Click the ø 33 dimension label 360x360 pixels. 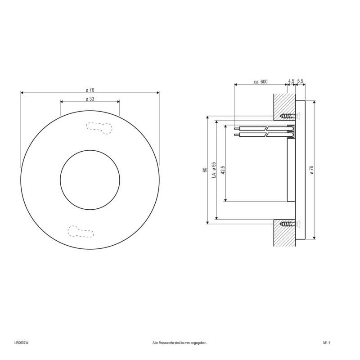[90, 99]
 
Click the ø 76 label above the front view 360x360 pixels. [90, 90]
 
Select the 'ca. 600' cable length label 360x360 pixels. [261, 81]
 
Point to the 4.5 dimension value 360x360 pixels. [291, 81]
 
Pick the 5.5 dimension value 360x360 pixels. [301, 81]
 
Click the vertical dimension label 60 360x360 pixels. [204, 170]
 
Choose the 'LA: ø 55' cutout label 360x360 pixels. [214, 170]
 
